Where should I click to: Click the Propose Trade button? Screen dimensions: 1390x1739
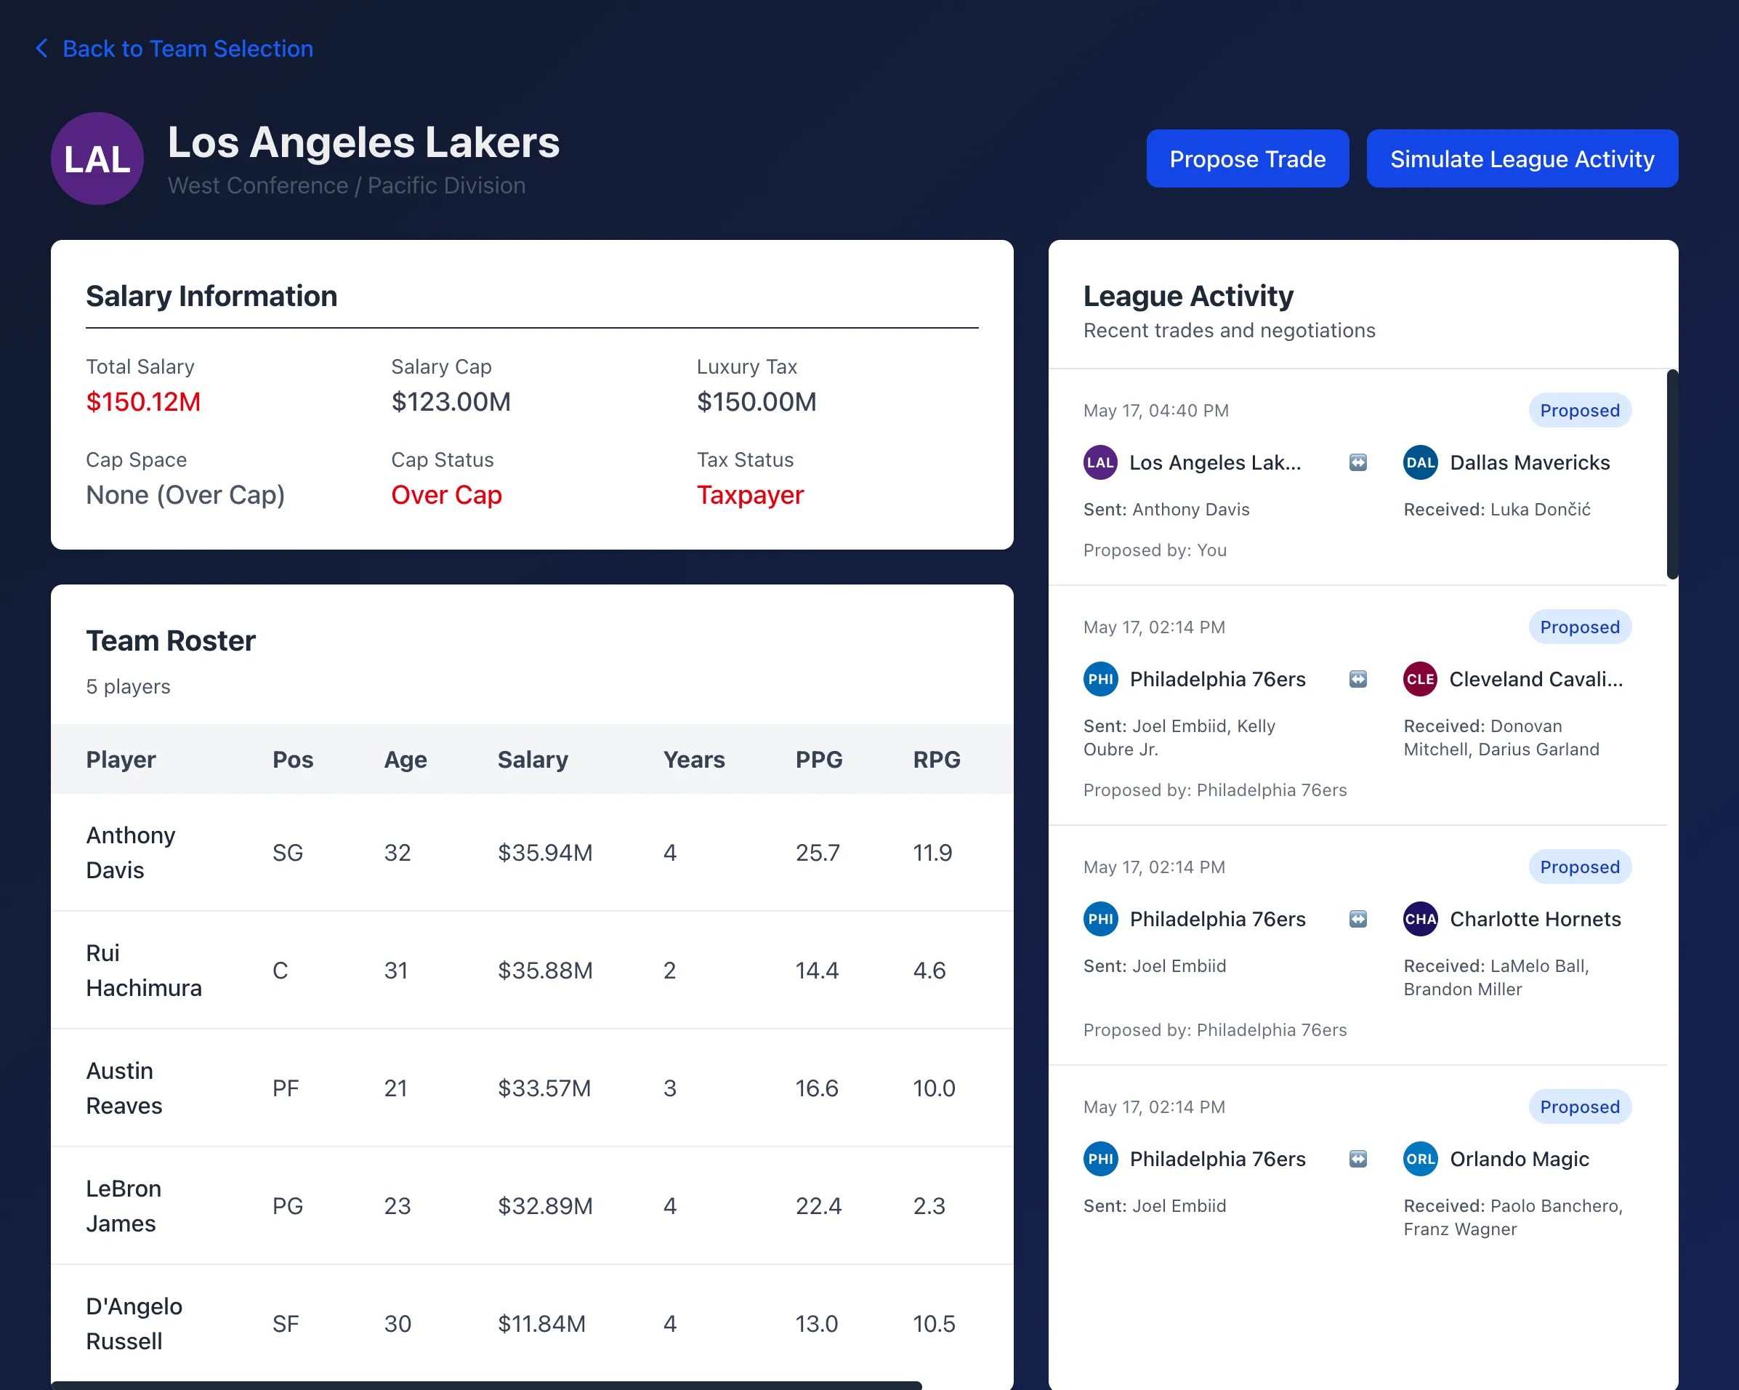(x=1247, y=159)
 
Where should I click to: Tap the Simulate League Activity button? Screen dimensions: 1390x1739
(x=1521, y=159)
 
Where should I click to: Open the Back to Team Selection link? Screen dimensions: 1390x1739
(x=187, y=49)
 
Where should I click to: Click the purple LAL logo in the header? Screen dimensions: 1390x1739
(x=97, y=159)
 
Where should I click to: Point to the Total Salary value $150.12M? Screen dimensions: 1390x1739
(x=144, y=402)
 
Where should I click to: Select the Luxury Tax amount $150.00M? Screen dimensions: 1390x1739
(x=756, y=402)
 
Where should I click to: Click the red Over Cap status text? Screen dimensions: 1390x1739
(x=446, y=494)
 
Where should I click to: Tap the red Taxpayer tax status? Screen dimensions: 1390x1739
(x=749, y=494)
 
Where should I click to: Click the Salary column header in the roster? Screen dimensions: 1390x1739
(x=533, y=759)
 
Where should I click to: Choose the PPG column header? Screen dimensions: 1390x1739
(x=819, y=759)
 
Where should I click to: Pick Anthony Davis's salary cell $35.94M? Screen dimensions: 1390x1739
(x=544, y=853)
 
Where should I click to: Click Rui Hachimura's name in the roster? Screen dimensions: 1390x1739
(x=144, y=971)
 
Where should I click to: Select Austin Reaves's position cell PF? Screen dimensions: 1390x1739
(x=286, y=1088)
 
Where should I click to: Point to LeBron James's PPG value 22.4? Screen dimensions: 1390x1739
(x=818, y=1206)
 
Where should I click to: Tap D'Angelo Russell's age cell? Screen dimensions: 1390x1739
(x=398, y=1324)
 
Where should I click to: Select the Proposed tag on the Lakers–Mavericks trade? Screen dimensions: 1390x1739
(x=1579, y=411)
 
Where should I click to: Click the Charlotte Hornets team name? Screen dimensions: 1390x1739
(x=1535, y=919)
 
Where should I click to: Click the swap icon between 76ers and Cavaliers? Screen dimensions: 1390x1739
(x=1358, y=679)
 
